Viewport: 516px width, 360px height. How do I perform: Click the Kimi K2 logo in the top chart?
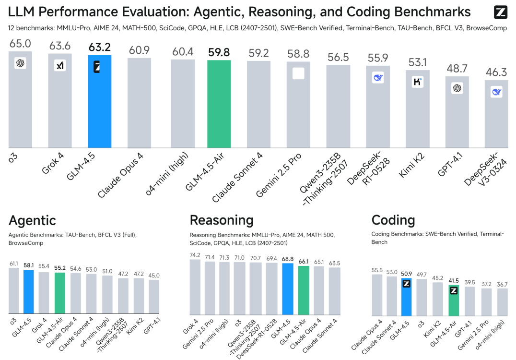coord(418,82)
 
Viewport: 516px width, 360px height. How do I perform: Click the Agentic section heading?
coord(33,220)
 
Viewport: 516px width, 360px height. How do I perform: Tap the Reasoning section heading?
coord(222,220)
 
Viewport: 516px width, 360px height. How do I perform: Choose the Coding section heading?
coord(393,220)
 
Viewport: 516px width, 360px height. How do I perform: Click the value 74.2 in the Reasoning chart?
coord(195,255)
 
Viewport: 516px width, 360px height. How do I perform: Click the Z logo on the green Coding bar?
coord(453,290)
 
